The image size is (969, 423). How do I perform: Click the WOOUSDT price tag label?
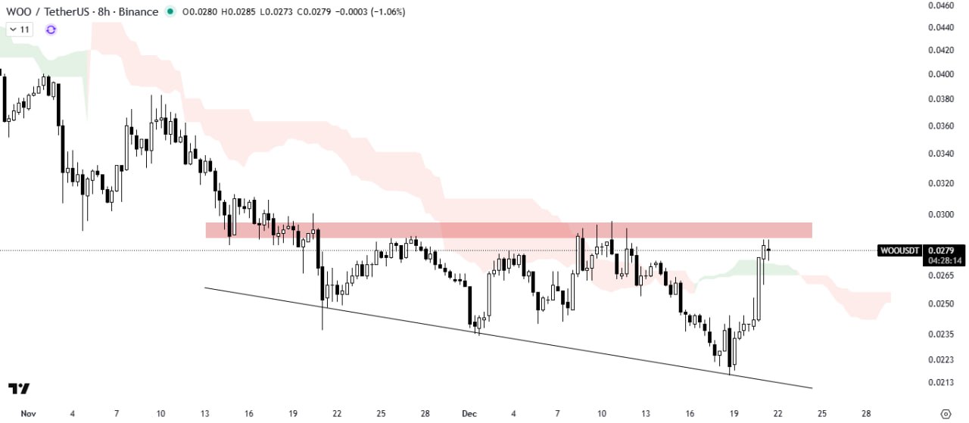tap(899, 250)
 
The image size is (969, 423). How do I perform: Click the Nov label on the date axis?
tap(28, 414)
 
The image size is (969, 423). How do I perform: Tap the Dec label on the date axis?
tap(469, 414)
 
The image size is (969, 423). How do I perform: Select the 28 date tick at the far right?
tap(866, 414)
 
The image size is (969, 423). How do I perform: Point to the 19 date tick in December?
tap(733, 414)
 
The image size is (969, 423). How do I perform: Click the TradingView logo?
tap(20, 388)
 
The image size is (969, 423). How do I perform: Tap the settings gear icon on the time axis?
tap(945, 414)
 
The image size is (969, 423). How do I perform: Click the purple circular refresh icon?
tap(51, 30)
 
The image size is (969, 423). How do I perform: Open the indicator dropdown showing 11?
tap(20, 30)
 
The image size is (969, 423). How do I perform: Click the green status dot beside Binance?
tap(170, 12)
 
